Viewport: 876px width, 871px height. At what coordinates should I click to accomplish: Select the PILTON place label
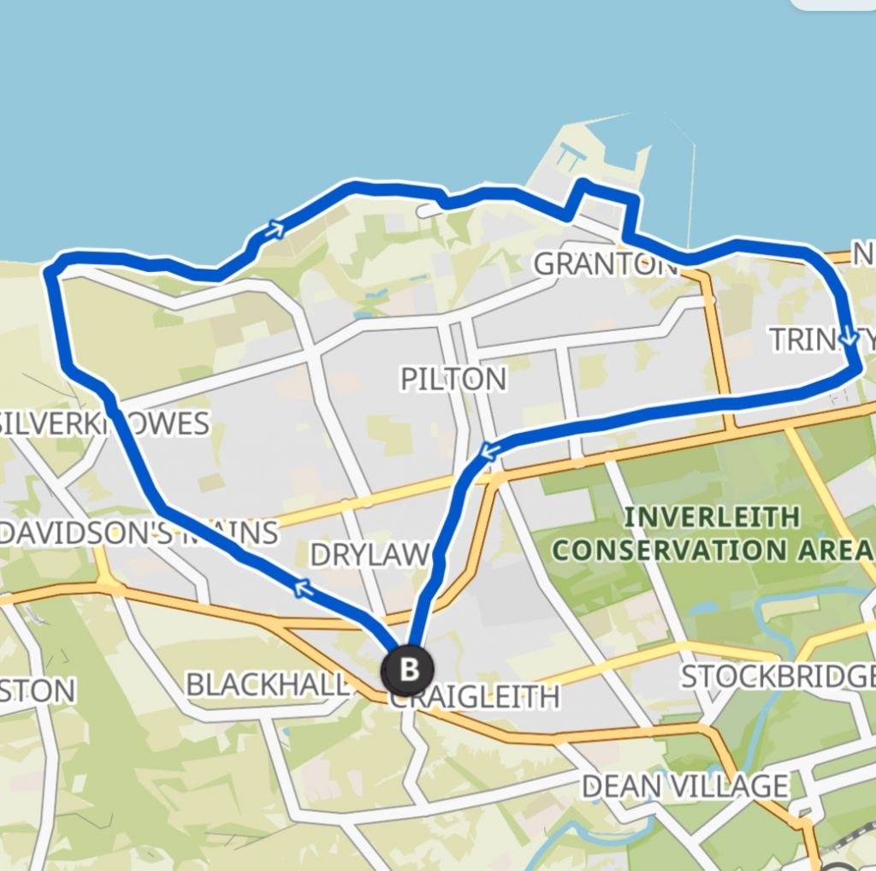click(x=454, y=379)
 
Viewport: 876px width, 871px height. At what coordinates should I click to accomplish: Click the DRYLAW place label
click(x=369, y=554)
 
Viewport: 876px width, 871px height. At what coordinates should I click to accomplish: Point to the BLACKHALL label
click(x=268, y=684)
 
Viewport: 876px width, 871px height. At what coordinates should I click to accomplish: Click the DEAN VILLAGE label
click(x=685, y=785)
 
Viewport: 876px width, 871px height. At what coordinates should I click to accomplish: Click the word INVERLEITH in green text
click(x=713, y=517)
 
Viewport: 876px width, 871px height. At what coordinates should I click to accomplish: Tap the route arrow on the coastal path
click(x=274, y=228)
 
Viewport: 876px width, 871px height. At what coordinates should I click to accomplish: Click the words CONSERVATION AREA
click(x=713, y=550)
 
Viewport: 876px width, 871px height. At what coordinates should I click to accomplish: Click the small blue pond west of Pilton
click(x=375, y=299)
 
